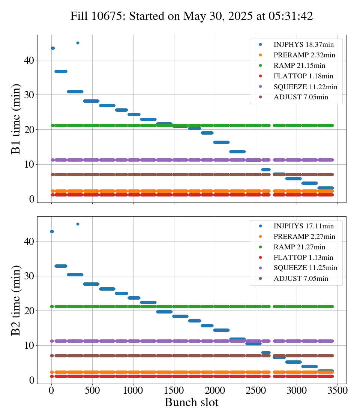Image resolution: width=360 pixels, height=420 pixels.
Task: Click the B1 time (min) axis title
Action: tap(15, 119)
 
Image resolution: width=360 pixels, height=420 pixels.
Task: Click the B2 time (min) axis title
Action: tap(15, 300)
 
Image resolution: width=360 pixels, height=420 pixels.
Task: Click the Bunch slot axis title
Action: tap(192, 402)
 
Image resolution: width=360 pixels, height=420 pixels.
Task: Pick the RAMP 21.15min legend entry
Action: tap(292, 66)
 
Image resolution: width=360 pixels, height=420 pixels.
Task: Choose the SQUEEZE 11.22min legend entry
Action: tap(298, 87)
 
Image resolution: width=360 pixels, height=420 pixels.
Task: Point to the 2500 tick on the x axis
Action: tap(256, 390)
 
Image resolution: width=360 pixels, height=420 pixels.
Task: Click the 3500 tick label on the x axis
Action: tap(337, 390)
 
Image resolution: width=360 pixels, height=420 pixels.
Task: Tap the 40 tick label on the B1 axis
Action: tap(29, 60)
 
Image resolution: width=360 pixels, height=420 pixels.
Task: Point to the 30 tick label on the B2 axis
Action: tap(29, 276)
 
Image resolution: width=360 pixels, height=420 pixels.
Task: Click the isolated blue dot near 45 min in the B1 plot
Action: tap(78, 43)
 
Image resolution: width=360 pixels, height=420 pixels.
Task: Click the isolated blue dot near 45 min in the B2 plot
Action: tap(78, 224)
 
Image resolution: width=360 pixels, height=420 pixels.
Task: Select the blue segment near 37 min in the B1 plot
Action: tap(61, 71)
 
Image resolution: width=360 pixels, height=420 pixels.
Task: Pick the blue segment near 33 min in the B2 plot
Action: tap(61, 266)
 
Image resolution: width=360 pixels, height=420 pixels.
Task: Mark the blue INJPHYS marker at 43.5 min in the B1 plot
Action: tap(53, 48)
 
